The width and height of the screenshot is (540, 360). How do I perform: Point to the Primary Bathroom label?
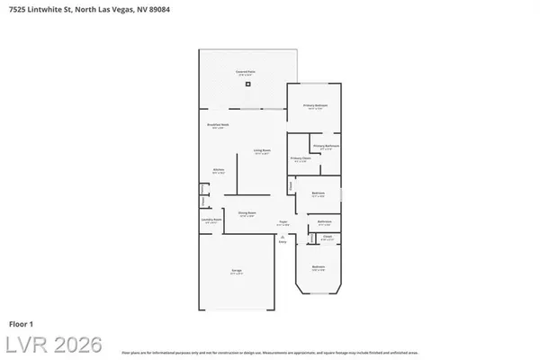click(325, 147)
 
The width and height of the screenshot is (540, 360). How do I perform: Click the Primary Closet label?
click(301, 159)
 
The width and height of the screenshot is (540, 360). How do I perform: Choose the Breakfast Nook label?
click(216, 125)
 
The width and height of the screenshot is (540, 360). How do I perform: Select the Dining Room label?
click(247, 214)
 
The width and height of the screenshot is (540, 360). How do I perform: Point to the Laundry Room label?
click(211, 221)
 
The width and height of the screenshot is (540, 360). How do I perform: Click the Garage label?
click(236, 273)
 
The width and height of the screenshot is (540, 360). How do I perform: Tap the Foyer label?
click(282, 222)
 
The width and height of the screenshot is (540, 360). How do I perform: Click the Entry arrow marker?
click(282, 239)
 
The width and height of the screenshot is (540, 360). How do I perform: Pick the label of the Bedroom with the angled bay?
click(319, 267)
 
